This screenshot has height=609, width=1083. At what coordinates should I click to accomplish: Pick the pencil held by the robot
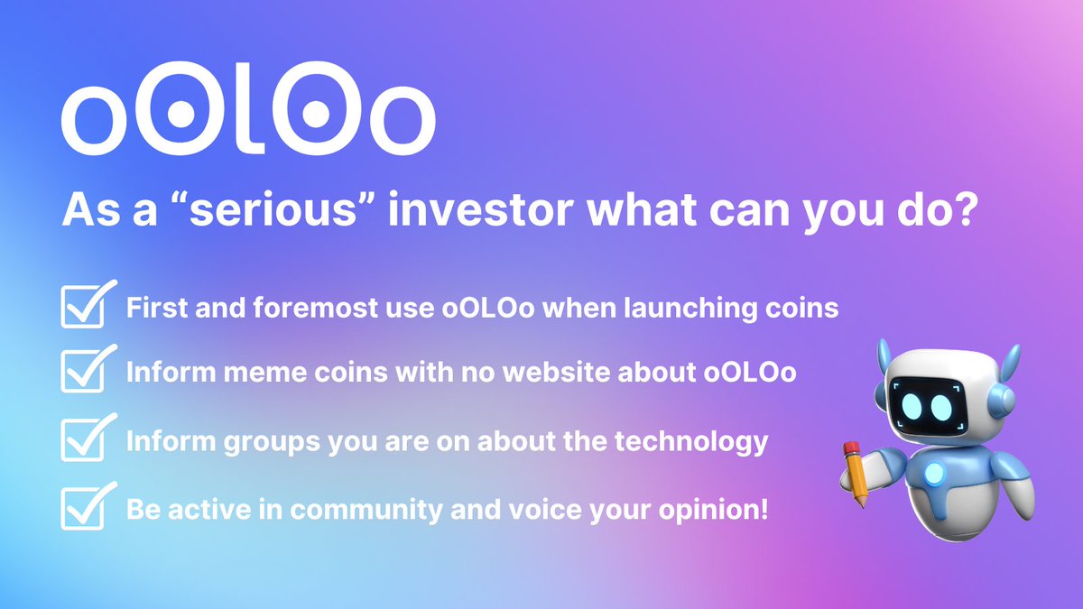(x=856, y=473)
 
